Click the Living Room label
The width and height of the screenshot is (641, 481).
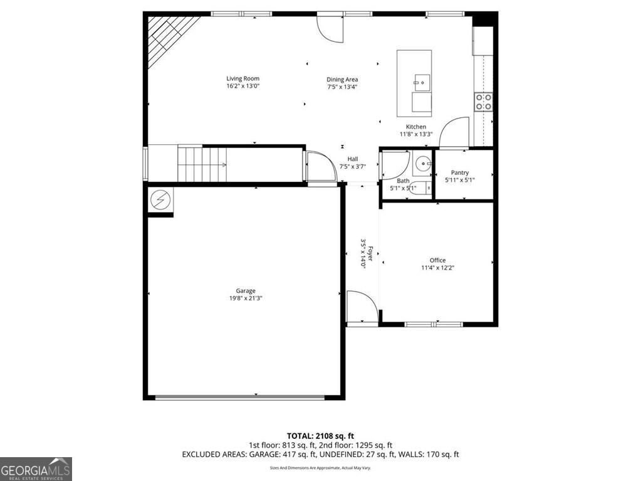coord(242,78)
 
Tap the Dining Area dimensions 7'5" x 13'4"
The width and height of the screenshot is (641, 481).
coord(342,87)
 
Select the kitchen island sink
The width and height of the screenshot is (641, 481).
coord(421,81)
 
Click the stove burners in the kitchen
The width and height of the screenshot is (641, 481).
coord(483,102)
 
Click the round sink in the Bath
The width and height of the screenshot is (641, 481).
coord(423,164)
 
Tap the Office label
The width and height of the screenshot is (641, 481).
coord(437,260)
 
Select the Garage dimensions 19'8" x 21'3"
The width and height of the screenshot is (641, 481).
coord(245,299)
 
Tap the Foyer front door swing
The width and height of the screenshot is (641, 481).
coord(362,307)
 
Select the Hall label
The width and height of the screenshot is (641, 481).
coord(352,159)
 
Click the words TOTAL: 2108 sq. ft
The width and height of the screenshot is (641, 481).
coord(320,435)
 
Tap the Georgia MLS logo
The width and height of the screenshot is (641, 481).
coord(36,469)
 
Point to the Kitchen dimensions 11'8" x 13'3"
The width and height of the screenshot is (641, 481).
coord(416,134)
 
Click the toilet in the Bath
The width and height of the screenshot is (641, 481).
coord(424,187)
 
